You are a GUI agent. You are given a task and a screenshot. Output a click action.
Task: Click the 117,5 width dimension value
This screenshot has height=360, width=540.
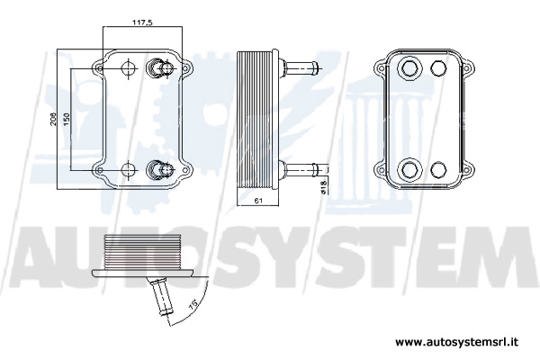tap(142, 22)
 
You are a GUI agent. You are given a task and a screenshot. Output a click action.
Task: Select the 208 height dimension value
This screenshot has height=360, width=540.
tap(54, 119)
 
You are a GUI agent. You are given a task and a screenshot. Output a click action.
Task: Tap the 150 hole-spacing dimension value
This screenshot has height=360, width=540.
tap(67, 119)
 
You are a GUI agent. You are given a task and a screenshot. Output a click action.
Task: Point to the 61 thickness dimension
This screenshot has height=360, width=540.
tap(258, 201)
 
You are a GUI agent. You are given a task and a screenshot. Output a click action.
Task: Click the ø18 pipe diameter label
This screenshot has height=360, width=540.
tap(323, 186)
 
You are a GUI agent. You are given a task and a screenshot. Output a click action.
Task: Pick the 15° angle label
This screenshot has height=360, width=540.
tap(193, 304)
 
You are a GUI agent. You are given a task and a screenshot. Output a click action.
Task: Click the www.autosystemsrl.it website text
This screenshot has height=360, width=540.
tap(456, 342)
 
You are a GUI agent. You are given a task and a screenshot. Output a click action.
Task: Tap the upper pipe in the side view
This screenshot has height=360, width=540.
tap(299, 66)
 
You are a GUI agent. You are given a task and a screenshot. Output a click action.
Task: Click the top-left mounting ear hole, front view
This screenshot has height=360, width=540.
tap(100, 68)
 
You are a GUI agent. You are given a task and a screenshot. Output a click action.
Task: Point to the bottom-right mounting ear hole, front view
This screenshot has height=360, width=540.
tap(184, 170)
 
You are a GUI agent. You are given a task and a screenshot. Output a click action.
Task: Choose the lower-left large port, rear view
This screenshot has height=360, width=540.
tap(409, 170)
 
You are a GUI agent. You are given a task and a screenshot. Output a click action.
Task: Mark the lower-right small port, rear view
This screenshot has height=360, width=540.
tap(438, 169)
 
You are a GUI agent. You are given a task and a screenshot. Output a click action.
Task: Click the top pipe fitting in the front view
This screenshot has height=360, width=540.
tap(159, 67)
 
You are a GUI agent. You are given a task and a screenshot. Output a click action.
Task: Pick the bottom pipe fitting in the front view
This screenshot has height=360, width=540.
tap(159, 169)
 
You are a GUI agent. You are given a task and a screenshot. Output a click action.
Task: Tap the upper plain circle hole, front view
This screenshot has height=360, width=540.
tap(129, 67)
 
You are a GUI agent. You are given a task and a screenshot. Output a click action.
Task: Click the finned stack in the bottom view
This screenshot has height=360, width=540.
tap(142, 252)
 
